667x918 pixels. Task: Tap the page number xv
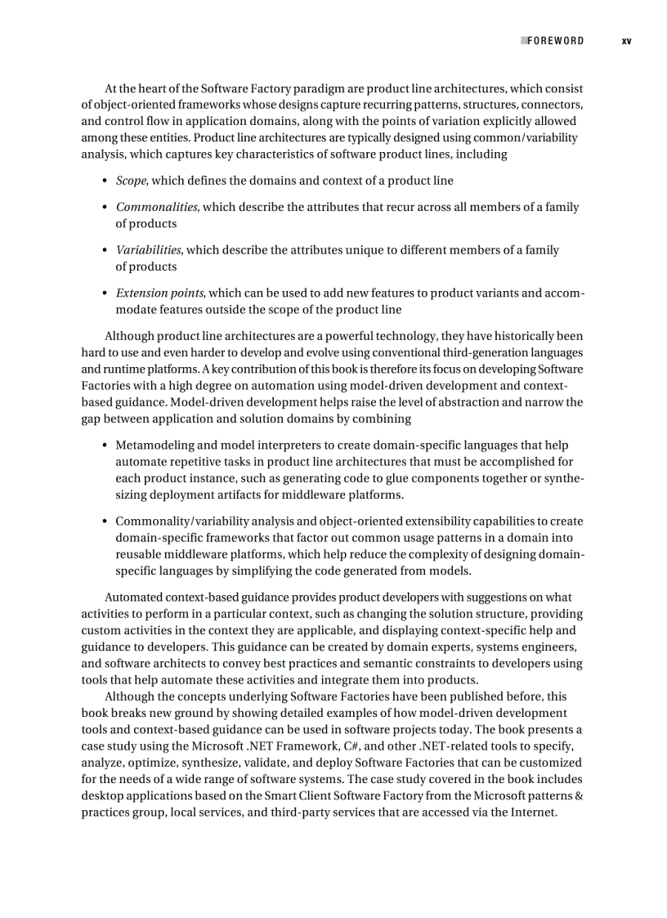(626, 41)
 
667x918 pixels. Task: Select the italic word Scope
(132, 181)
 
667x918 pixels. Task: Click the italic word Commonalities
(156, 208)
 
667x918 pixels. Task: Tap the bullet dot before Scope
(105, 181)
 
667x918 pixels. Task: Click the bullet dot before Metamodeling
(105, 446)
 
